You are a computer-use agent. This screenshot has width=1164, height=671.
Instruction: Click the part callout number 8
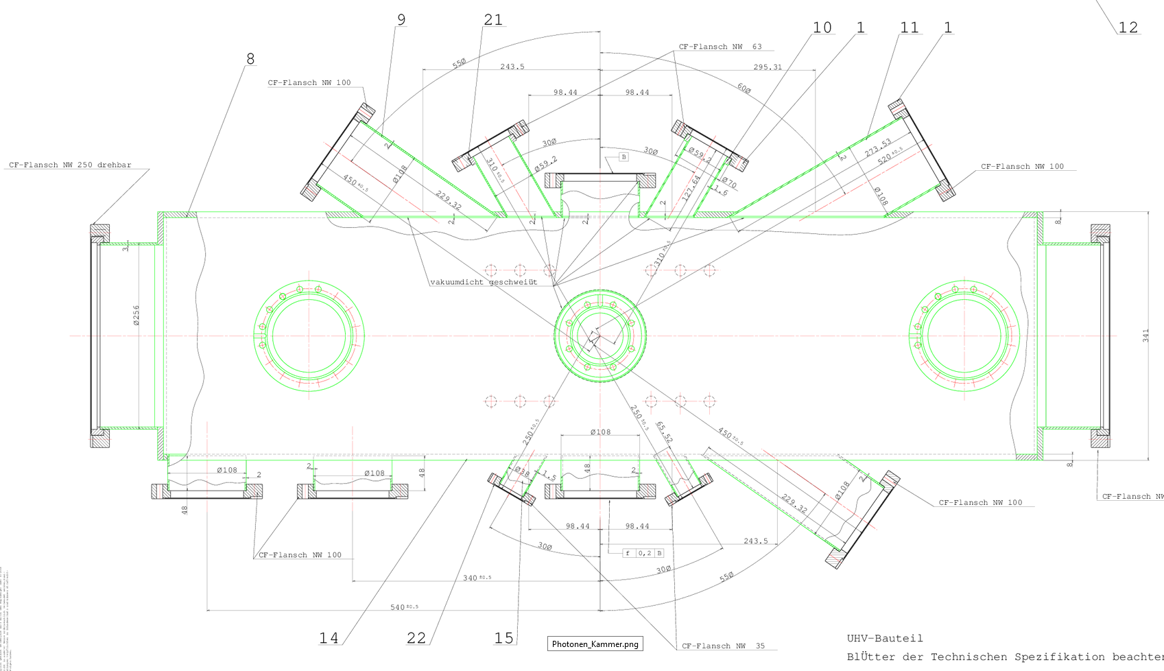(x=250, y=59)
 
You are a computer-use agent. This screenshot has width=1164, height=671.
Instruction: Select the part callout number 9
(x=401, y=20)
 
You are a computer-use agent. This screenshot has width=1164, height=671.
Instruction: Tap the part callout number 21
(x=493, y=20)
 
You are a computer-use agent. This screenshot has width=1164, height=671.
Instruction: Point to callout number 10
(x=822, y=27)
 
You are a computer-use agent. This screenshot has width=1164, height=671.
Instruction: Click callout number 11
(x=909, y=27)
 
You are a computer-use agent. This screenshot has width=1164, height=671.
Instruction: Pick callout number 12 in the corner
(x=1128, y=27)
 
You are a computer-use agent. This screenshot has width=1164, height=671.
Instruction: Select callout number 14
(x=329, y=638)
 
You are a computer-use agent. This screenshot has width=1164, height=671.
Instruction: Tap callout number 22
(x=416, y=638)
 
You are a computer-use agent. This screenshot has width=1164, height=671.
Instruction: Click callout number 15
(x=503, y=638)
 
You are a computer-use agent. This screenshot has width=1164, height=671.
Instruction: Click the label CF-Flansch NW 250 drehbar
(x=70, y=165)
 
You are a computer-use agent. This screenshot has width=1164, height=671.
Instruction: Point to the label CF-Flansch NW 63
(x=720, y=47)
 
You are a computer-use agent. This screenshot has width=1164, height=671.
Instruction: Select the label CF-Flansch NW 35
(x=723, y=646)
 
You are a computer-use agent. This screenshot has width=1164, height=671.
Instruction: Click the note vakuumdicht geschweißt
(x=484, y=282)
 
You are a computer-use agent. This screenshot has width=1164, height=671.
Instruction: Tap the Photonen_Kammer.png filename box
(x=595, y=644)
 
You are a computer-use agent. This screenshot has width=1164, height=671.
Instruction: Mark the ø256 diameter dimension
(x=136, y=315)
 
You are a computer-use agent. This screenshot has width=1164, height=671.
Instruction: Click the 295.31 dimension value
(x=768, y=67)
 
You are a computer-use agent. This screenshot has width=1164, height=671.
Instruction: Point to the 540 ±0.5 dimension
(x=404, y=607)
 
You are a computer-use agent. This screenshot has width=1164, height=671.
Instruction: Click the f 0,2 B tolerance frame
(x=643, y=553)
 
